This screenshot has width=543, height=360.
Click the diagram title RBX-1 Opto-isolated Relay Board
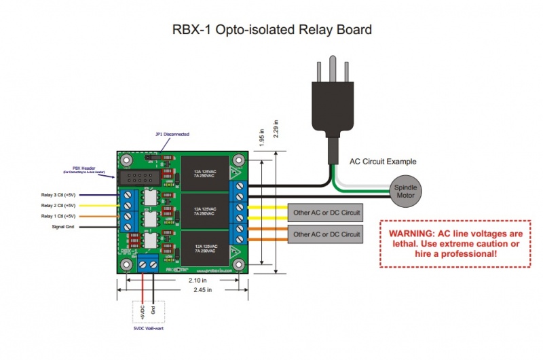271,30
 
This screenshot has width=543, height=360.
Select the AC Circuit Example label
383,162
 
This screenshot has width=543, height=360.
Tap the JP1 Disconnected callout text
172,134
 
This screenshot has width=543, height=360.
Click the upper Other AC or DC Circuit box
326,213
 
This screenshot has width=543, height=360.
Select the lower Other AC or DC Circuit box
326,234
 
